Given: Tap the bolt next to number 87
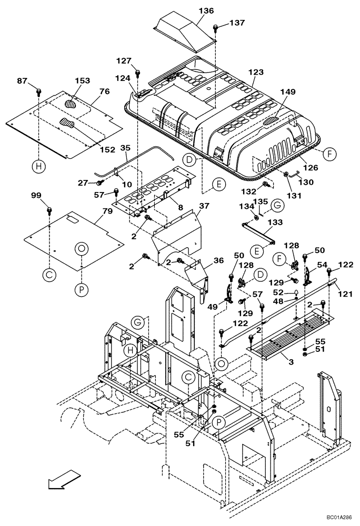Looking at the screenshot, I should pos(39,92).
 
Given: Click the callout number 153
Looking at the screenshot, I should pos(82,80).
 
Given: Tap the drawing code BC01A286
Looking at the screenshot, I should pos(335,518).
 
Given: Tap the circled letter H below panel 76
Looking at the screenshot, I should pos(38,167).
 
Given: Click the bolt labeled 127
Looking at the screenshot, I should pos(137,73).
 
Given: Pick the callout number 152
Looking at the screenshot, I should pos(107,149).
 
